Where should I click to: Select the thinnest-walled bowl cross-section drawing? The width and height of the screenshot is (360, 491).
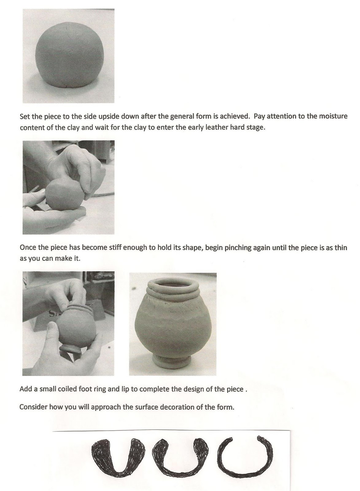[245, 459]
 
